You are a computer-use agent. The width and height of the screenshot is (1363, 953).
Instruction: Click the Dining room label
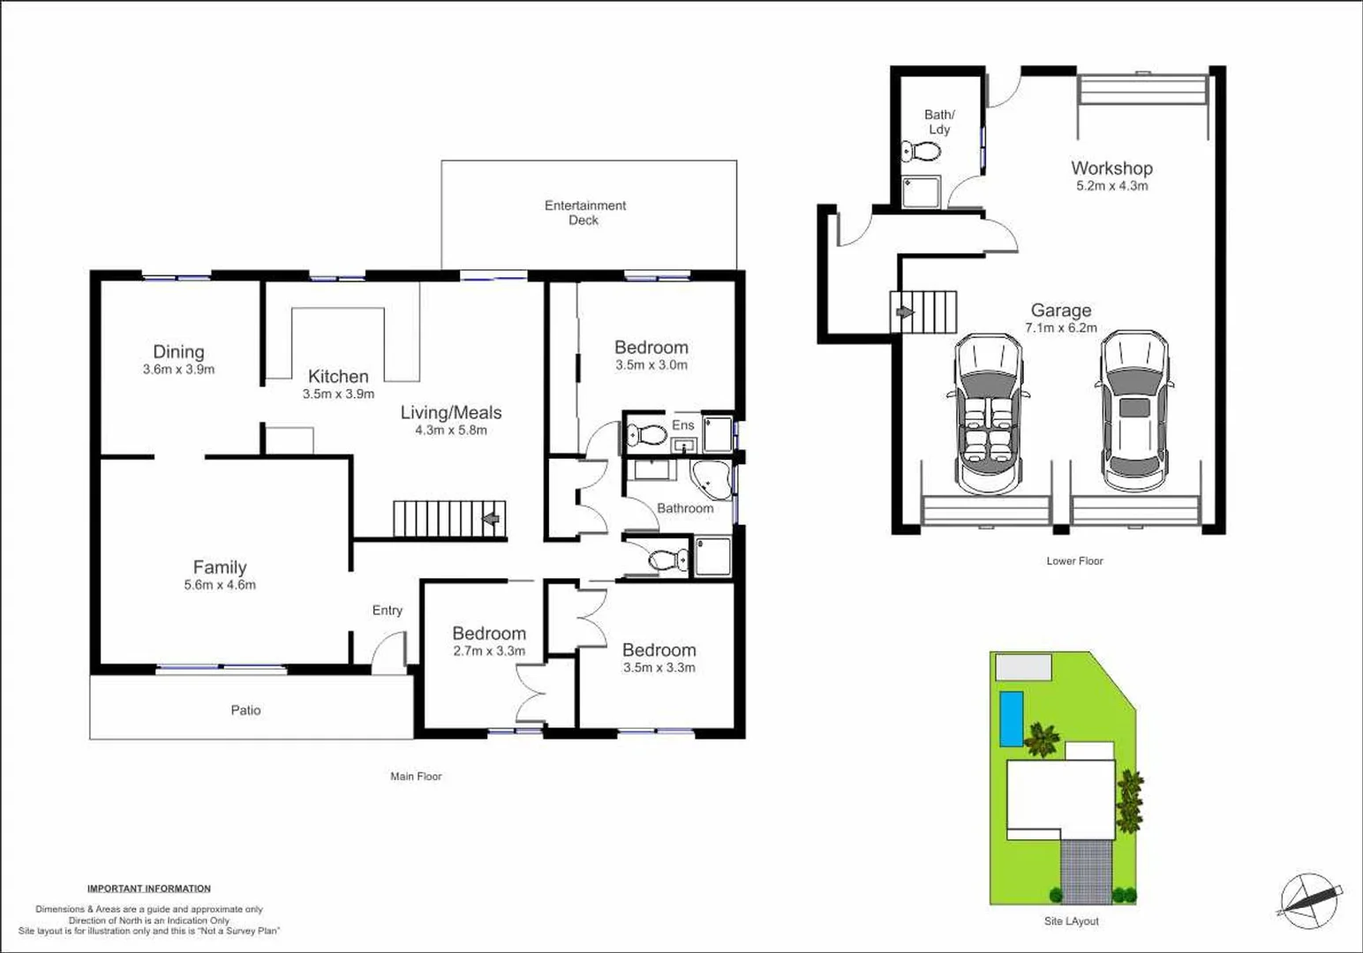178,352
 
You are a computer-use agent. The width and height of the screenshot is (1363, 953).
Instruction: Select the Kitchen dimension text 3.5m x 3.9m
338,394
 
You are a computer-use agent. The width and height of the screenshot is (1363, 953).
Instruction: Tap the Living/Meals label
451,412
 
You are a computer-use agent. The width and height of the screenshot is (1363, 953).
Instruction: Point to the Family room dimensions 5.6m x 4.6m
220,584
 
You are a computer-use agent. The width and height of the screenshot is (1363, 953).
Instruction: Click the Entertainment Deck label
584,213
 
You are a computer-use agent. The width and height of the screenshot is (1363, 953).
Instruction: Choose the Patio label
245,709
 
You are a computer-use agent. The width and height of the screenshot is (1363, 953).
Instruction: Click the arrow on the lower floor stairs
904,312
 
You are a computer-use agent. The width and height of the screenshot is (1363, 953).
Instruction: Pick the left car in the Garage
988,413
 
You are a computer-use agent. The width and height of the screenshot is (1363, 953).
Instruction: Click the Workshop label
1111,168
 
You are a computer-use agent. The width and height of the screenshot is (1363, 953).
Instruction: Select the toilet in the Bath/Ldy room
922,152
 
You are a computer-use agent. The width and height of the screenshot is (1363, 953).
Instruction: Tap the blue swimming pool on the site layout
1011,718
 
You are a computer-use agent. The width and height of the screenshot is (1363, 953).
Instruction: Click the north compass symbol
1310,901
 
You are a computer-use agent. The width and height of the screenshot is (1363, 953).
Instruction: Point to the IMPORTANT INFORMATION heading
149,889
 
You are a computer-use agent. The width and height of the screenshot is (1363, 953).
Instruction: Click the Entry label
387,610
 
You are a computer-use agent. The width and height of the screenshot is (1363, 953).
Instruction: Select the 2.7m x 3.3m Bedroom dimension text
489,651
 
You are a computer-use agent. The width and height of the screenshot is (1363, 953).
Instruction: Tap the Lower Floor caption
1074,560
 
